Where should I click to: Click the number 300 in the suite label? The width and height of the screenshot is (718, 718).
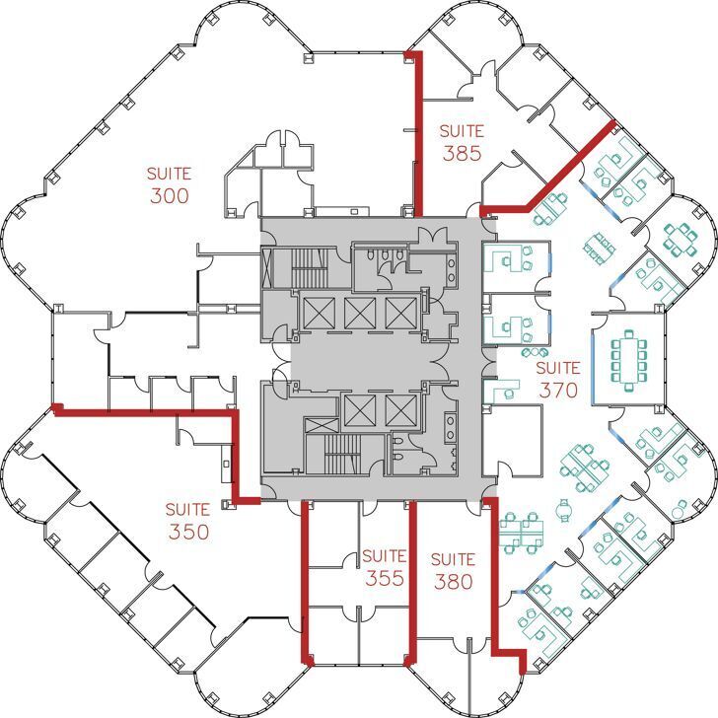coord(169,195)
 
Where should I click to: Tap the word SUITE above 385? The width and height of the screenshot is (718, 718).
coord(462,130)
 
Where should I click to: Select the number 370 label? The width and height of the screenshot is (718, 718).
coord(557,390)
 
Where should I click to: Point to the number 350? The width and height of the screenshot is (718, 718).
coord(187,532)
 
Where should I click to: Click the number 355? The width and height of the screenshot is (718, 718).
coord(384,578)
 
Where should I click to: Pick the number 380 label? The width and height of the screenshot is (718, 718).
coord(454,581)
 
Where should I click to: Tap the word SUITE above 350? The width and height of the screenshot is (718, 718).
coord(187,510)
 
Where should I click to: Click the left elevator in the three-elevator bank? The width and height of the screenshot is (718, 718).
coord(317,314)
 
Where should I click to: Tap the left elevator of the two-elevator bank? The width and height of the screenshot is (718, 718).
coord(356,408)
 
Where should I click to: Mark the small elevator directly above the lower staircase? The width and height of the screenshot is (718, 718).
coord(319,426)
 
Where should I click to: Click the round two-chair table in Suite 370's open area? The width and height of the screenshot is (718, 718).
coord(564,510)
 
